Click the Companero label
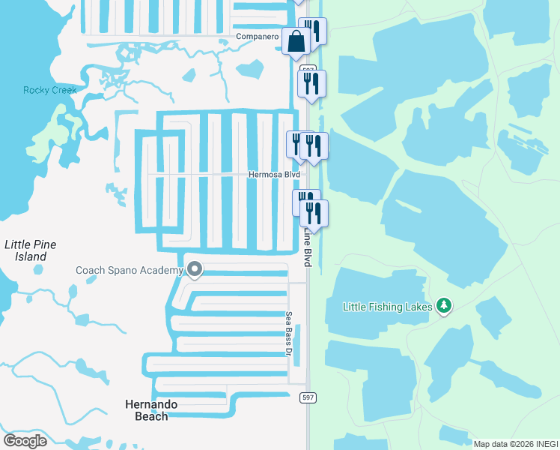tap(257, 37)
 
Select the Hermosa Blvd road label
tap(274, 175)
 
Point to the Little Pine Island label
tap(30, 250)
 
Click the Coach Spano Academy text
tap(129, 270)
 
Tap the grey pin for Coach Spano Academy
tap(195, 268)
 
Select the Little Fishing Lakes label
tap(388, 306)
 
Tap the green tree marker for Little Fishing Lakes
tap(445, 305)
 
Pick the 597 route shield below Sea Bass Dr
tap(306, 396)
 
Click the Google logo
tap(25, 440)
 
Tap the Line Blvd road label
tap(307, 248)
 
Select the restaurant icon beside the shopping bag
tap(313, 31)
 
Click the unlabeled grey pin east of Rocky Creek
tap(188, 76)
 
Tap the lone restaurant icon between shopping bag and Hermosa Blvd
tap(312, 83)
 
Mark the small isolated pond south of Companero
tap(250, 70)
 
